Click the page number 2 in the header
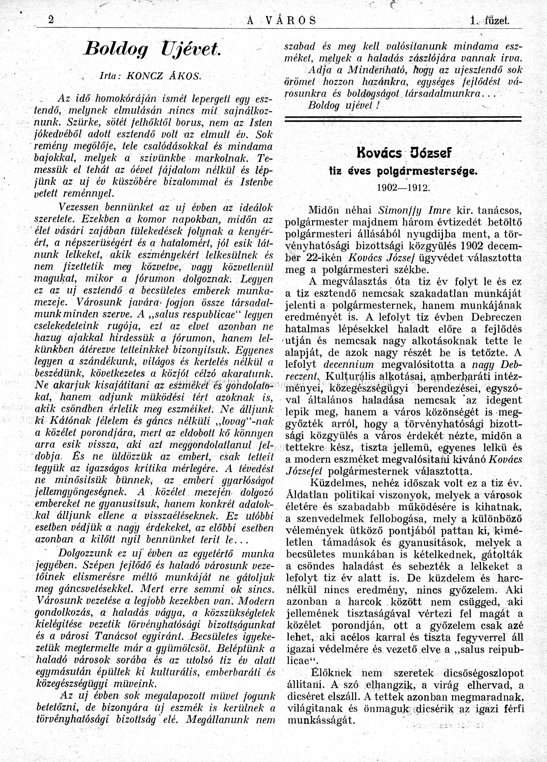[x=51, y=20]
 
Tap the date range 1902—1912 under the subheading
[x=403, y=187]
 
